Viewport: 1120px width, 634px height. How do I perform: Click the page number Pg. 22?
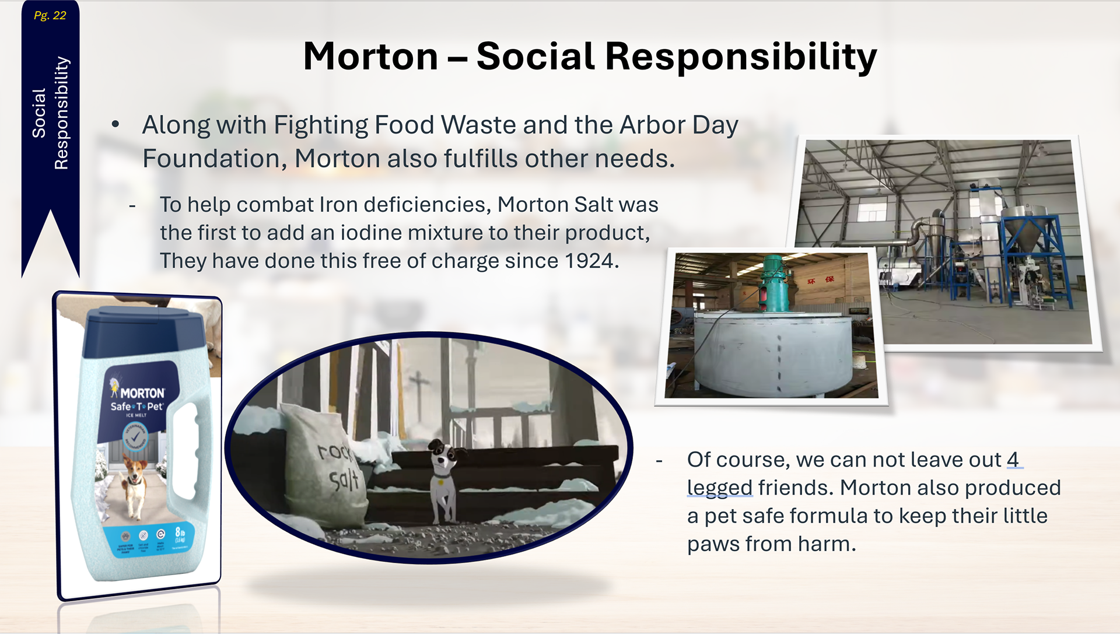tap(50, 16)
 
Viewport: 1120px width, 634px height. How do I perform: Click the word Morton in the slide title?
tap(370, 57)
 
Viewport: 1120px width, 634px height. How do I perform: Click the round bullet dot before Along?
tap(116, 124)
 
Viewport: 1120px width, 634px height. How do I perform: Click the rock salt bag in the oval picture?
tap(327, 467)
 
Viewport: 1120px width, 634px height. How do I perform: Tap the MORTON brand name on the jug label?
tap(142, 393)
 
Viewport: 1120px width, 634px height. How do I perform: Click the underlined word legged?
tap(720, 488)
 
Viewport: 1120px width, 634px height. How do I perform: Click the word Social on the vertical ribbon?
tap(39, 113)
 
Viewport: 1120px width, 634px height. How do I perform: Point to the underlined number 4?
tap(1013, 460)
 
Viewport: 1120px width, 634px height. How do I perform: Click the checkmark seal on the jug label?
tap(135, 436)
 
